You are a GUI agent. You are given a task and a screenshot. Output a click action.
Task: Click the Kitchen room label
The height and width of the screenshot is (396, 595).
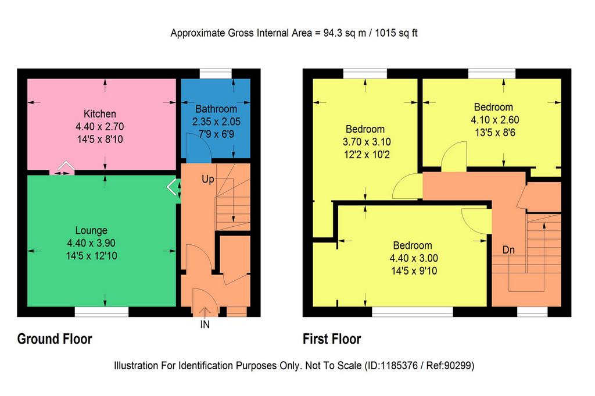100,113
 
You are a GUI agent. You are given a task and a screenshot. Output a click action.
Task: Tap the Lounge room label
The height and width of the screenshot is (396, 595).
91,230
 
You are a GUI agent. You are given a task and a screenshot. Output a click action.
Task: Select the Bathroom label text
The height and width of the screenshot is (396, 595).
216,109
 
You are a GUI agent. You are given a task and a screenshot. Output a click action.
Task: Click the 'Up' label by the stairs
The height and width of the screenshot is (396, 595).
208,179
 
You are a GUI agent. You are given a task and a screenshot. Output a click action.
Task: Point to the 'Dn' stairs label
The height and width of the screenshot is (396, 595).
508,250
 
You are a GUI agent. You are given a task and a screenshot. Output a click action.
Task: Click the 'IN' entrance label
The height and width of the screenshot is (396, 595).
205,324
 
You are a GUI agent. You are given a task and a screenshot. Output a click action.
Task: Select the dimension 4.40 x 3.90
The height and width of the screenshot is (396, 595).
91,243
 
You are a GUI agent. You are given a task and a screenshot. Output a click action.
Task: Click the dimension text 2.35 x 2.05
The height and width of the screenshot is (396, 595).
216,122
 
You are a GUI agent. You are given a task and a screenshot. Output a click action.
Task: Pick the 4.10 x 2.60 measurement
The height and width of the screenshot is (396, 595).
495,120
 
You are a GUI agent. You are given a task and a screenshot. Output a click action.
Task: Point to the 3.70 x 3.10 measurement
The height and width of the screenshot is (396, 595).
367,142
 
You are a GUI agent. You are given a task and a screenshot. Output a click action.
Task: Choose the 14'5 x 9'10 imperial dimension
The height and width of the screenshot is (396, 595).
414,271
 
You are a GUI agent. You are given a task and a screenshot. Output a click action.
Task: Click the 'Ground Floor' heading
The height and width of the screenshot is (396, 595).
55,339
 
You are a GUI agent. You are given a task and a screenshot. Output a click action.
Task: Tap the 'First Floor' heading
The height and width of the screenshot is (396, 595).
332,338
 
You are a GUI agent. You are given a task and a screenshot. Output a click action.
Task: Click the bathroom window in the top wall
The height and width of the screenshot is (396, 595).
216,74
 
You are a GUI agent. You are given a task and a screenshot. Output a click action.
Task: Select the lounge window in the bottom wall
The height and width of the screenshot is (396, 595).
102,312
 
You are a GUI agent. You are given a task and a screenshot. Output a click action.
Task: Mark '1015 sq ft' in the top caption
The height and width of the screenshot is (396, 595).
396,33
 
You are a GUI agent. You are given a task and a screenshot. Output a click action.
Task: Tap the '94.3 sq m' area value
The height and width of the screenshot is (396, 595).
345,33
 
